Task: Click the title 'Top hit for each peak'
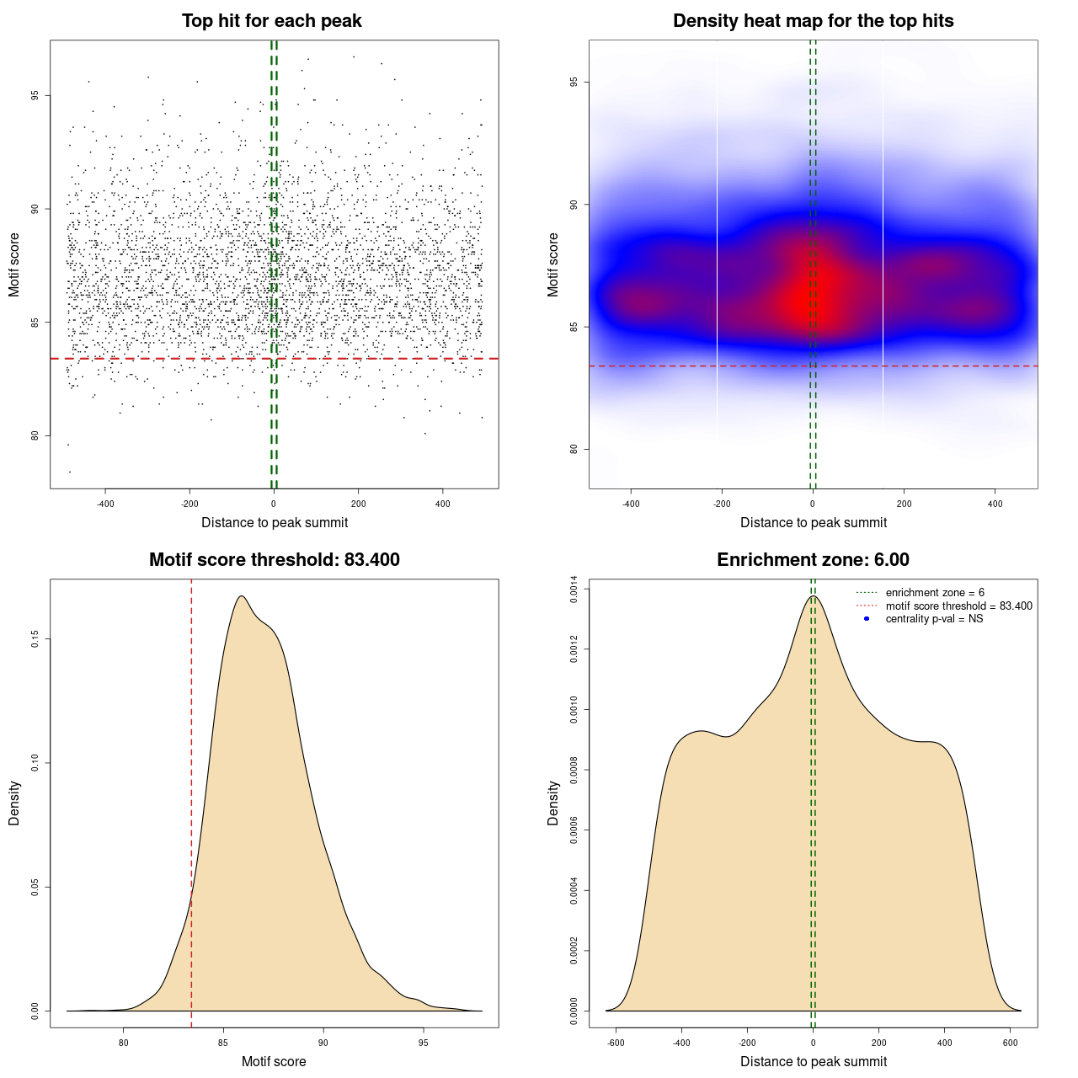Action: tap(271, 21)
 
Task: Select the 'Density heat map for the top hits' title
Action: tap(813, 21)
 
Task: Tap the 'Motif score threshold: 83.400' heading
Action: tap(274, 560)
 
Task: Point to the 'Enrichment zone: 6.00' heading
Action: tap(813, 560)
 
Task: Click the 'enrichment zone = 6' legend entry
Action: tap(935, 593)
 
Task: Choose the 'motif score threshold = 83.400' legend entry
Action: tap(958, 606)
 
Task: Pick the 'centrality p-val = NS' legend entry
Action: tap(934, 619)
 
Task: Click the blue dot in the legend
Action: tap(867, 619)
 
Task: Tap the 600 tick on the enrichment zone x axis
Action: tap(1011, 1043)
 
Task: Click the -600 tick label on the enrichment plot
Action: tap(616, 1043)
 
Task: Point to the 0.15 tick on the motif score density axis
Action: tap(35, 639)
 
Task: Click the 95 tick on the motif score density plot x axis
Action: tap(423, 1043)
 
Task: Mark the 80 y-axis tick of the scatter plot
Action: tap(35, 435)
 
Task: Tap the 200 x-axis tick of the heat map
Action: tap(904, 504)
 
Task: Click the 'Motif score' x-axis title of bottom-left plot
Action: tap(274, 1061)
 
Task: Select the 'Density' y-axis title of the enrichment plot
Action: tap(553, 803)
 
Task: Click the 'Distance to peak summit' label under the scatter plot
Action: tap(275, 522)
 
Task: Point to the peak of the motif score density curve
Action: tap(242, 596)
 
